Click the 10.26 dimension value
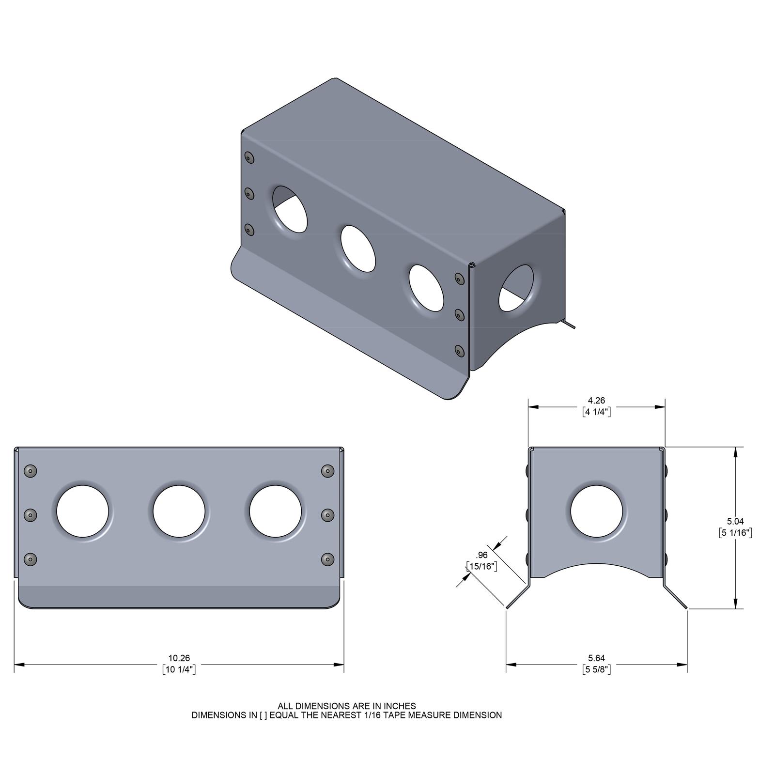click(x=179, y=658)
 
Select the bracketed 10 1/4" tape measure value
click(x=179, y=669)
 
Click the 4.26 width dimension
click(x=596, y=401)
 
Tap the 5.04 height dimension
click(x=735, y=522)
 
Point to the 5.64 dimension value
click(x=596, y=658)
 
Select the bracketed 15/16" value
click(x=482, y=566)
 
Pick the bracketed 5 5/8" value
click(x=596, y=669)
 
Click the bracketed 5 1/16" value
click(x=735, y=533)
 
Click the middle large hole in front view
click(x=179, y=511)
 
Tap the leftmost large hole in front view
click(x=82, y=511)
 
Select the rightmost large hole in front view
click(x=275, y=511)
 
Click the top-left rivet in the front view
click(x=31, y=471)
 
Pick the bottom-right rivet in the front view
click(x=327, y=559)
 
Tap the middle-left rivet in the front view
click(x=31, y=515)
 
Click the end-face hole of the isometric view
click(x=516, y=288)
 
